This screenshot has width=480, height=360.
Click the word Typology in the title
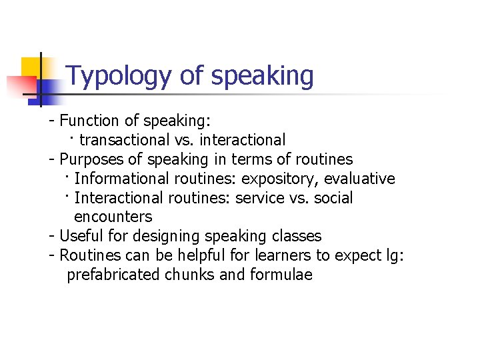click(119, 77)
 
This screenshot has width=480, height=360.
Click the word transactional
click(124, 140)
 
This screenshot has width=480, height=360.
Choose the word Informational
click(122, 179)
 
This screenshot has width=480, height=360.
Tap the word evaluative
click(359, 179)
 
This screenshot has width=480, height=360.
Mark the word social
click(333, 198)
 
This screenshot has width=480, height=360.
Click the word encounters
click(113, 217)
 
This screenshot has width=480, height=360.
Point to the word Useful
click(82, 236)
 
